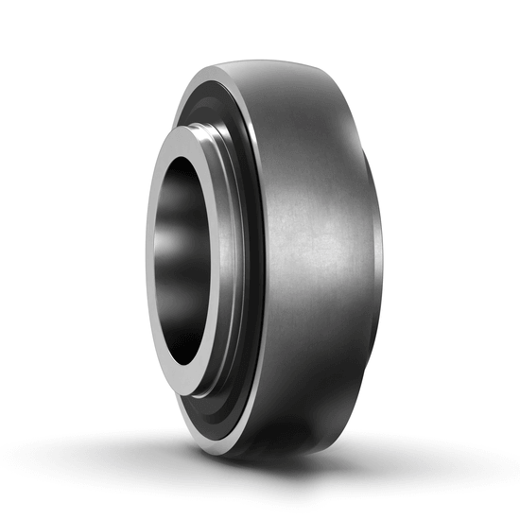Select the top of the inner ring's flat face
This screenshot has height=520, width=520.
(185, 131)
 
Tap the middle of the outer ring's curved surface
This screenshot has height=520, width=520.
(312, 255)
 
